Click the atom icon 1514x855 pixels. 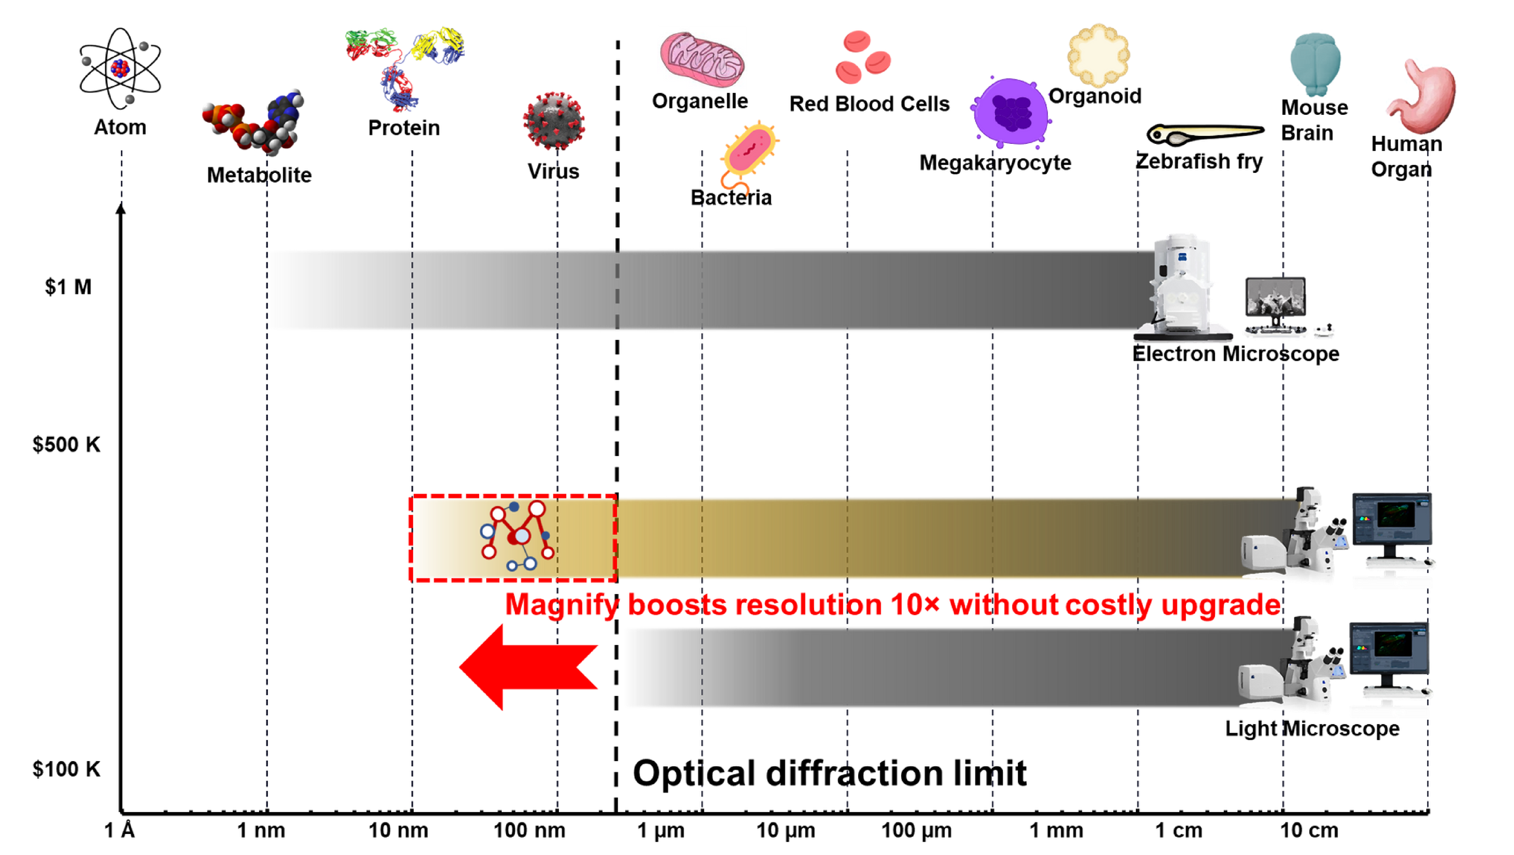click(x=120, y=68)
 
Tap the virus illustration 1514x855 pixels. click(x=554, y=122)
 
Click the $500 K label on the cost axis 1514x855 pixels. click(x=66, y=444)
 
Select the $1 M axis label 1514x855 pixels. click(x=68, y=287)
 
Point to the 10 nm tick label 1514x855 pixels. click(x=398, y=830)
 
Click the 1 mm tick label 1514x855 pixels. click(x=1056, y=830)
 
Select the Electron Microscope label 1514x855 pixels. click(x=1236, y=354)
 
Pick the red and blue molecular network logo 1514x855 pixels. click(x=516, y=535)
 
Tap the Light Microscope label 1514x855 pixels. click(x=1312, y=728)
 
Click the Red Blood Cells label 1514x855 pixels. click(x=869, y=103)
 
